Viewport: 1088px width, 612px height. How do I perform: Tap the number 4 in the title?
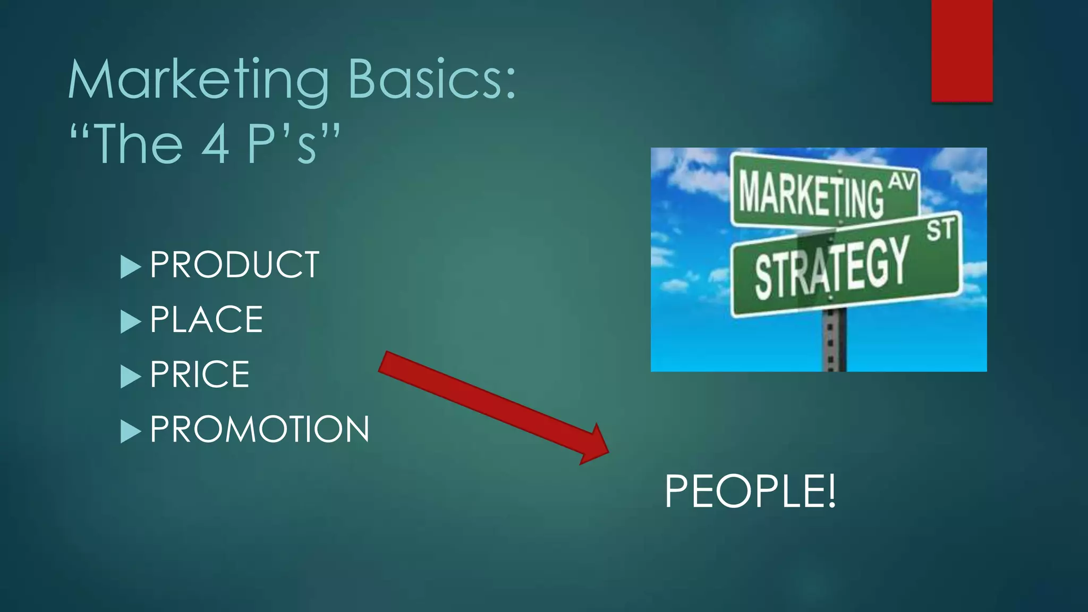[216, 144]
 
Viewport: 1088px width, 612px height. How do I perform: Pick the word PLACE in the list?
[206, 320]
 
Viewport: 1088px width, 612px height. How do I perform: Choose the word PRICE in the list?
[200, 375]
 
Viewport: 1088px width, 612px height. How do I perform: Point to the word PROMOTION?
[259, 429]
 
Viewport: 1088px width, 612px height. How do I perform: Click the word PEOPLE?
[750, 491]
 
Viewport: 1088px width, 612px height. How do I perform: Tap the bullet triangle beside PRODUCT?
[130, 267]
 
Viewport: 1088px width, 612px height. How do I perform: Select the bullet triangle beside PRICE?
[130, 377]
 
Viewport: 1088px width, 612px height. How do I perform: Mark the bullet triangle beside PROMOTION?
[130, 431]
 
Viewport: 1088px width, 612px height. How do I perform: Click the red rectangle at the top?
[962, 50]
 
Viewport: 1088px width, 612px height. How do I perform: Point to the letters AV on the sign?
[903, 182]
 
